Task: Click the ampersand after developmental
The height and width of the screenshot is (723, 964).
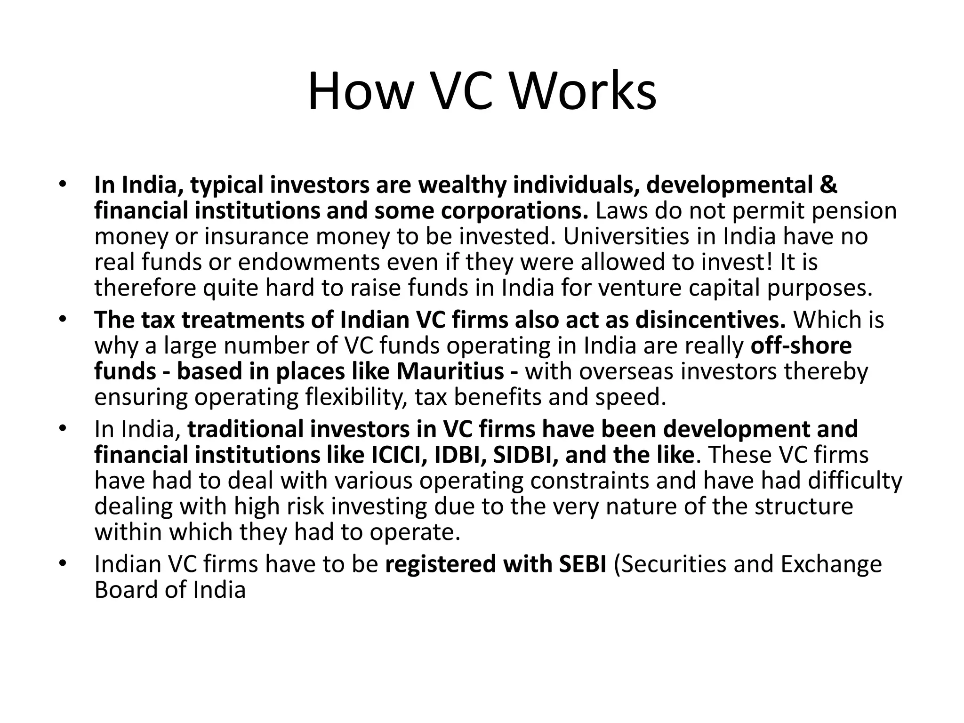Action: point(828,185)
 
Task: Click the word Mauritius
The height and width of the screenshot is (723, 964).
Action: point(450,371)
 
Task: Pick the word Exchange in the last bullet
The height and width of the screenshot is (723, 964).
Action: point(831,564)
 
